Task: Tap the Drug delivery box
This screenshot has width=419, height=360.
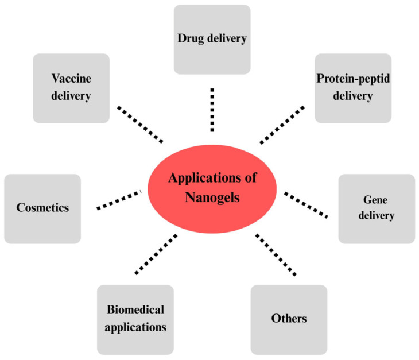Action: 212,39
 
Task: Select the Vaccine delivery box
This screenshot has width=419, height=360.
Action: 71,88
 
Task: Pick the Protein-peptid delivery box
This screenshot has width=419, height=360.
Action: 353,88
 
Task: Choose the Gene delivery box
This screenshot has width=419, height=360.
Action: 377,208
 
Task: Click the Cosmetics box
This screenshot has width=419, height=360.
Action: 42,208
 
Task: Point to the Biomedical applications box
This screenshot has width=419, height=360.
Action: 135,319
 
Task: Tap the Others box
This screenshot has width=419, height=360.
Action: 289,319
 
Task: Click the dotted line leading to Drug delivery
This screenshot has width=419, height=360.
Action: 212,109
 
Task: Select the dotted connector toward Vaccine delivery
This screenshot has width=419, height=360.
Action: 140,123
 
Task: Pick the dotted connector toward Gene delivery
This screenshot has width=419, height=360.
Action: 307,204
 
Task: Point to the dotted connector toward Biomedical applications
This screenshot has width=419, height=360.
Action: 154,253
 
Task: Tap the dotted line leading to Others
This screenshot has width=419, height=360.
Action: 277,254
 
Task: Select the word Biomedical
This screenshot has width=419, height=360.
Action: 135,311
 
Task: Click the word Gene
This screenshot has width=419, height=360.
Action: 377,201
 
